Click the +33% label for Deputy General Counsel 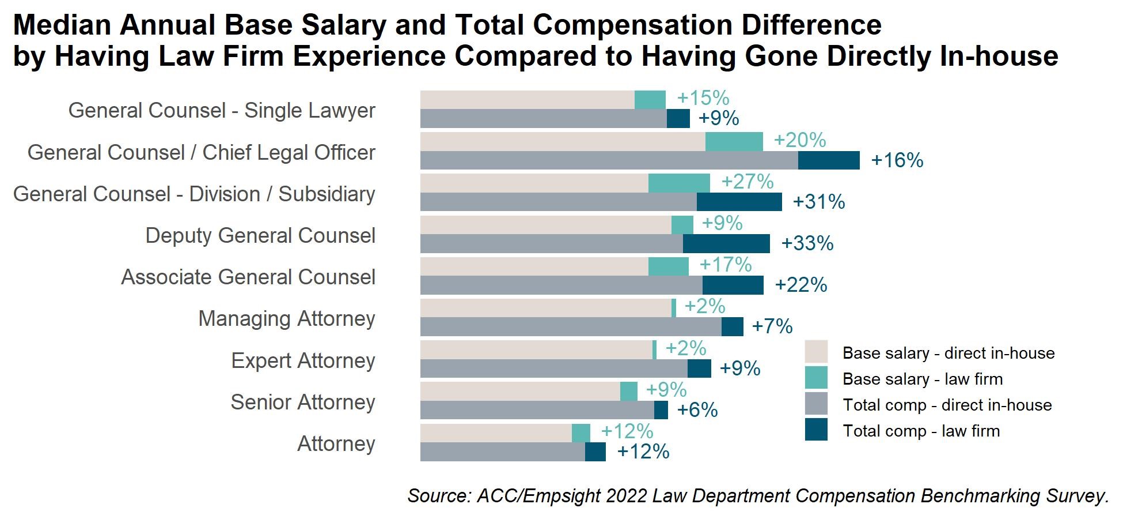pyautogui.click(x=807, y=243)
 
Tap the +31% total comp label pyautogui.click(x=818, y=202)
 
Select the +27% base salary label pyautogui.click(x=747, y=182)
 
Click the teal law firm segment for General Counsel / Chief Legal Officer pyautogui.click(x=734, y=141)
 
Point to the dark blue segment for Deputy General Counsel pyautogui.click(x=726, y=243)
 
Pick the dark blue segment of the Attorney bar pyautogui.click(x=595, y=452)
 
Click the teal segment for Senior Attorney pyautogui.click(x=628, y=391)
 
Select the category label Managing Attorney pyautogui.click(x=286, y=318)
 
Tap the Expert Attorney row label pyautogui.click(x=303, y=360)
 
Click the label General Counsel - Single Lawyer pyautogui.click(x=222, y=110)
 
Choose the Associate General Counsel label pyautogui.click(x=248, y=277)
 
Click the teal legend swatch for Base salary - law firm pyautogui.click(x=816, y=378)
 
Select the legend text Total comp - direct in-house pyautogui.click(x=947, y=405)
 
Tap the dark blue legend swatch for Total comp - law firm pyautogui.click(x=816, y=430)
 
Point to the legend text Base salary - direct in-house pyautogui.click(x=948, y=353)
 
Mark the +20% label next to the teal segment pyautogui.click(x=799, y=140)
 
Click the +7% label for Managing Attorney pyautogui.click(x=772, y=326)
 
